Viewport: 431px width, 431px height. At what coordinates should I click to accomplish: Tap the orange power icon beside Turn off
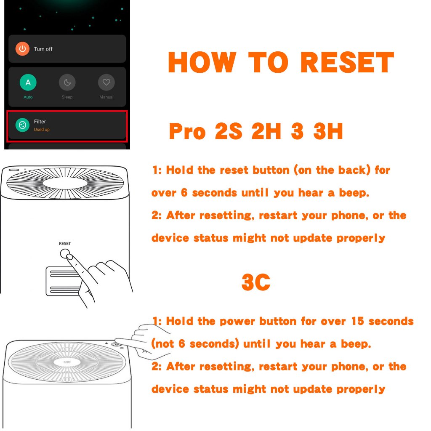pyautogui.click(x=22, y=49)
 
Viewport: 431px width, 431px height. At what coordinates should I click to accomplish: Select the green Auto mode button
pyautogui.click(x=28, y=82)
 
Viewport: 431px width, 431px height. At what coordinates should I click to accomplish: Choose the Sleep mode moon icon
pyautogui.click(x=67, y=82)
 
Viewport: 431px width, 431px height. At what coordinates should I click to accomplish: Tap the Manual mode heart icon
pyautogui.click(x=106, y=82)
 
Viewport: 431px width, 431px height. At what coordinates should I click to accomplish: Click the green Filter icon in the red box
pyautogui.click(x=22, y=125)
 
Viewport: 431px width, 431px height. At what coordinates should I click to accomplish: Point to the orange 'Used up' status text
pyautogui.click(x=42, y=130)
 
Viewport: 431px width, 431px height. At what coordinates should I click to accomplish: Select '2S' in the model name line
pyautogui.click(x=229, y=131)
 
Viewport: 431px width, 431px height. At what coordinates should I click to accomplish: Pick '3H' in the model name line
pyautogui.click(x=328, y=131)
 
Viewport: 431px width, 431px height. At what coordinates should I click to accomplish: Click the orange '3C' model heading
pyautogui.click(x=256, y=282)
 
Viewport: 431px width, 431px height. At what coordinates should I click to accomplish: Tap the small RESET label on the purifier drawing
pyautogui.click(x=65, y=244)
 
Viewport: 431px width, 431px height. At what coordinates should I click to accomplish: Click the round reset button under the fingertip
pyautogui.click(x=65, y=254)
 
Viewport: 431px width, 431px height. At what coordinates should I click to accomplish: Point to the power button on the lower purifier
pyautogui.click(x=117, y=344)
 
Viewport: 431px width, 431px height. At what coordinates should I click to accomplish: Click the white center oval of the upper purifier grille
pyautogui.click(x=65, y=183)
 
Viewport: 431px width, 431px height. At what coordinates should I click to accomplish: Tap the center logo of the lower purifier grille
pyautogui.click(x=67, y=362)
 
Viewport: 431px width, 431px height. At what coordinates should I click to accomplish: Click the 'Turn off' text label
pyautogui.click(x=43, y=49)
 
